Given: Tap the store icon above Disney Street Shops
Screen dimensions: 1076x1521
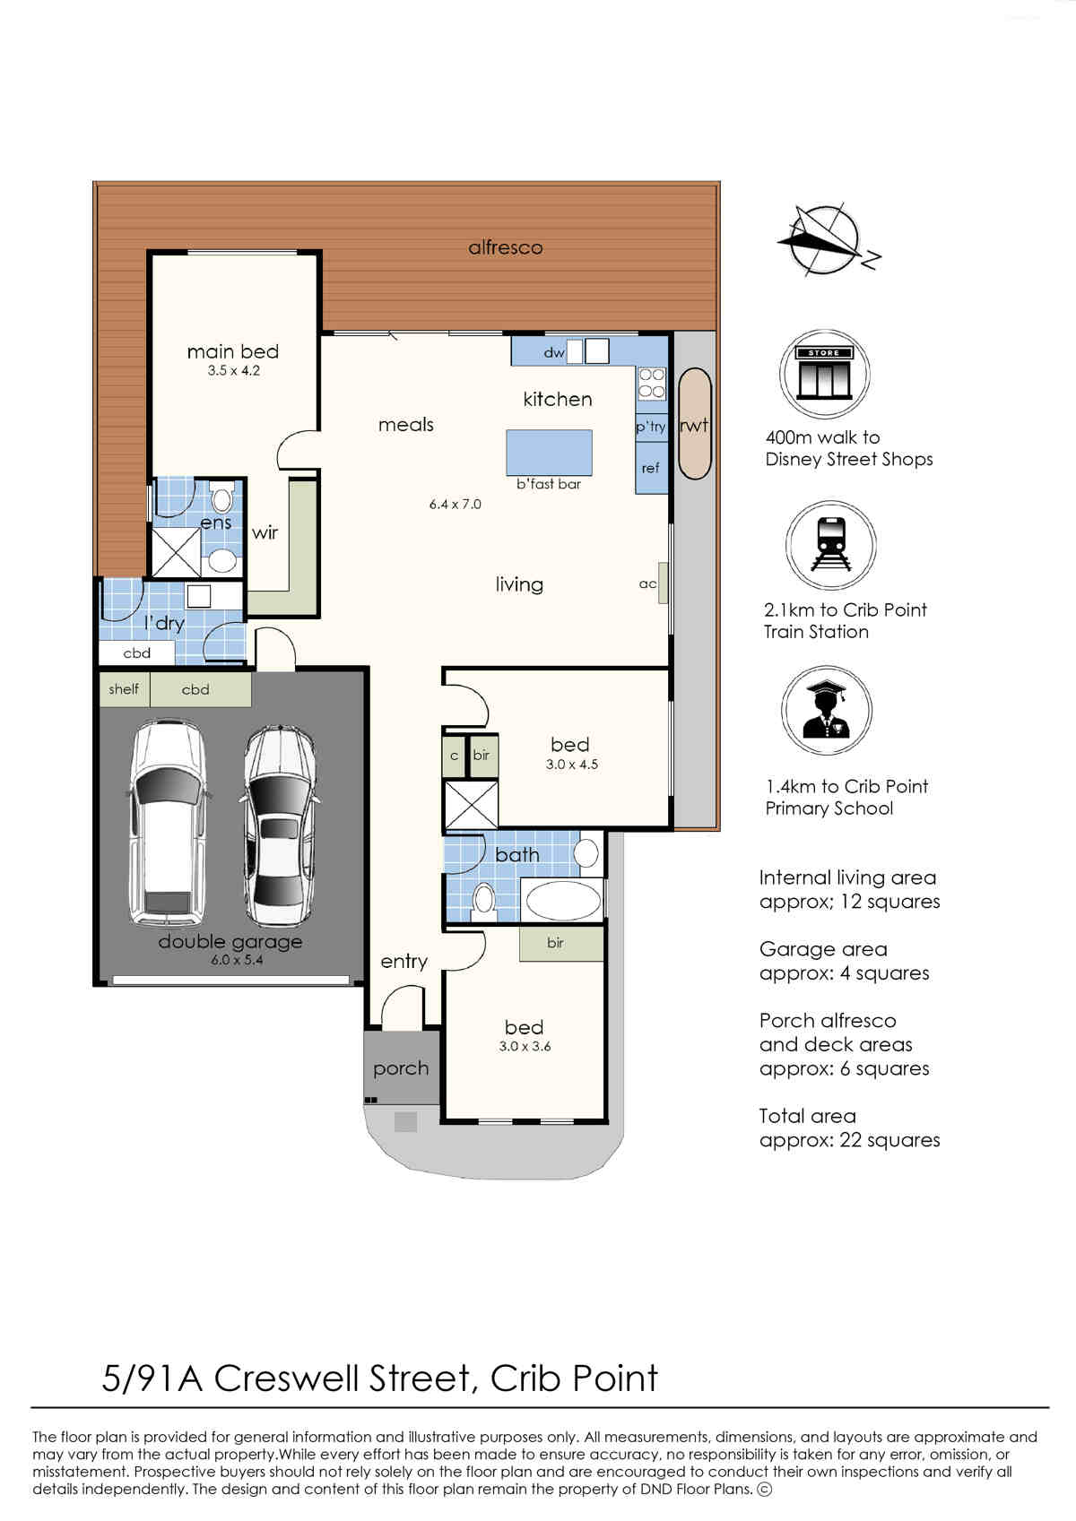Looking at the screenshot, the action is click(825, 374).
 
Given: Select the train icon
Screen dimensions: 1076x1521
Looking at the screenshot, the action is click(831, 545).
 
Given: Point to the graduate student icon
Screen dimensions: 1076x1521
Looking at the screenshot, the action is click(826, 710).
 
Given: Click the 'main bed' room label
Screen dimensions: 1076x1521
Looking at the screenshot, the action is click(233, 351).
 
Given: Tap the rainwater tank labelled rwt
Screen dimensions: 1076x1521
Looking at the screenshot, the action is click(694, 424).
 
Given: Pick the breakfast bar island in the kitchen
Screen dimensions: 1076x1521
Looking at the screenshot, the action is click(549, 453).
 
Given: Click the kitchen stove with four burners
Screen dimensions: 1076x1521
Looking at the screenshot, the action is click(652, 383).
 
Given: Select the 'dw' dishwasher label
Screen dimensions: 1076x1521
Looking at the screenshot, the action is click(554, 352).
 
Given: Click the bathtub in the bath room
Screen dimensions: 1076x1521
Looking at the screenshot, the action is click(562, 901).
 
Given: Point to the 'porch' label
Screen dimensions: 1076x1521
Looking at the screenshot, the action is click(401, 1068).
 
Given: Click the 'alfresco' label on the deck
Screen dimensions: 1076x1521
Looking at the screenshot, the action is click(506, 247).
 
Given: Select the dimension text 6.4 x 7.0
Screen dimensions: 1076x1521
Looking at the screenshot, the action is click(456, 504).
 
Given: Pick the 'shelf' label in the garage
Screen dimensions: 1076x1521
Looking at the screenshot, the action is click(124, 689).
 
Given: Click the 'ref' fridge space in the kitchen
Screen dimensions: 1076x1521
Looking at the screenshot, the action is click(651, 468).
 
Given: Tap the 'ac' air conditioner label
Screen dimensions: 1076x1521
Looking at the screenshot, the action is click(647, 584).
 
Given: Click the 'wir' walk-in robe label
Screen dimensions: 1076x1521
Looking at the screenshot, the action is click(265, 532).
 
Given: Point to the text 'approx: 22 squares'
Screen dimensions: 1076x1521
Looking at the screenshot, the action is click(850, 1140).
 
